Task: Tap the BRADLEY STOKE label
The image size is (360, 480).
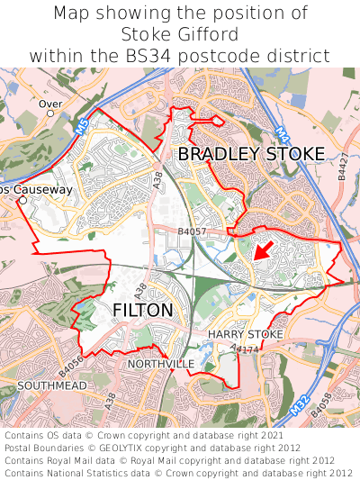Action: pyautogui.click(x=251, y=154)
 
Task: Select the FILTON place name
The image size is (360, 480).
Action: pyautogui.click(x=143, y=311)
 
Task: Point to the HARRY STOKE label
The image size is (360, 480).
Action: pyautogui.click(x=246, y=334)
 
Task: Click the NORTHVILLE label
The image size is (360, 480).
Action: pyautogui.click(x=161, y=363)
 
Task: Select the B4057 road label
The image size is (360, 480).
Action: pyautogui.click(x=193, y=232)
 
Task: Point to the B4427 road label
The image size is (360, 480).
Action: pyautogui.click(x=342, y=171)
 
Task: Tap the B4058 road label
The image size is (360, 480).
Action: pyautogui.click(x=321, y=405)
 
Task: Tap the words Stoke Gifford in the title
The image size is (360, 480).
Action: pyautogui.click(x=180, y=35)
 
